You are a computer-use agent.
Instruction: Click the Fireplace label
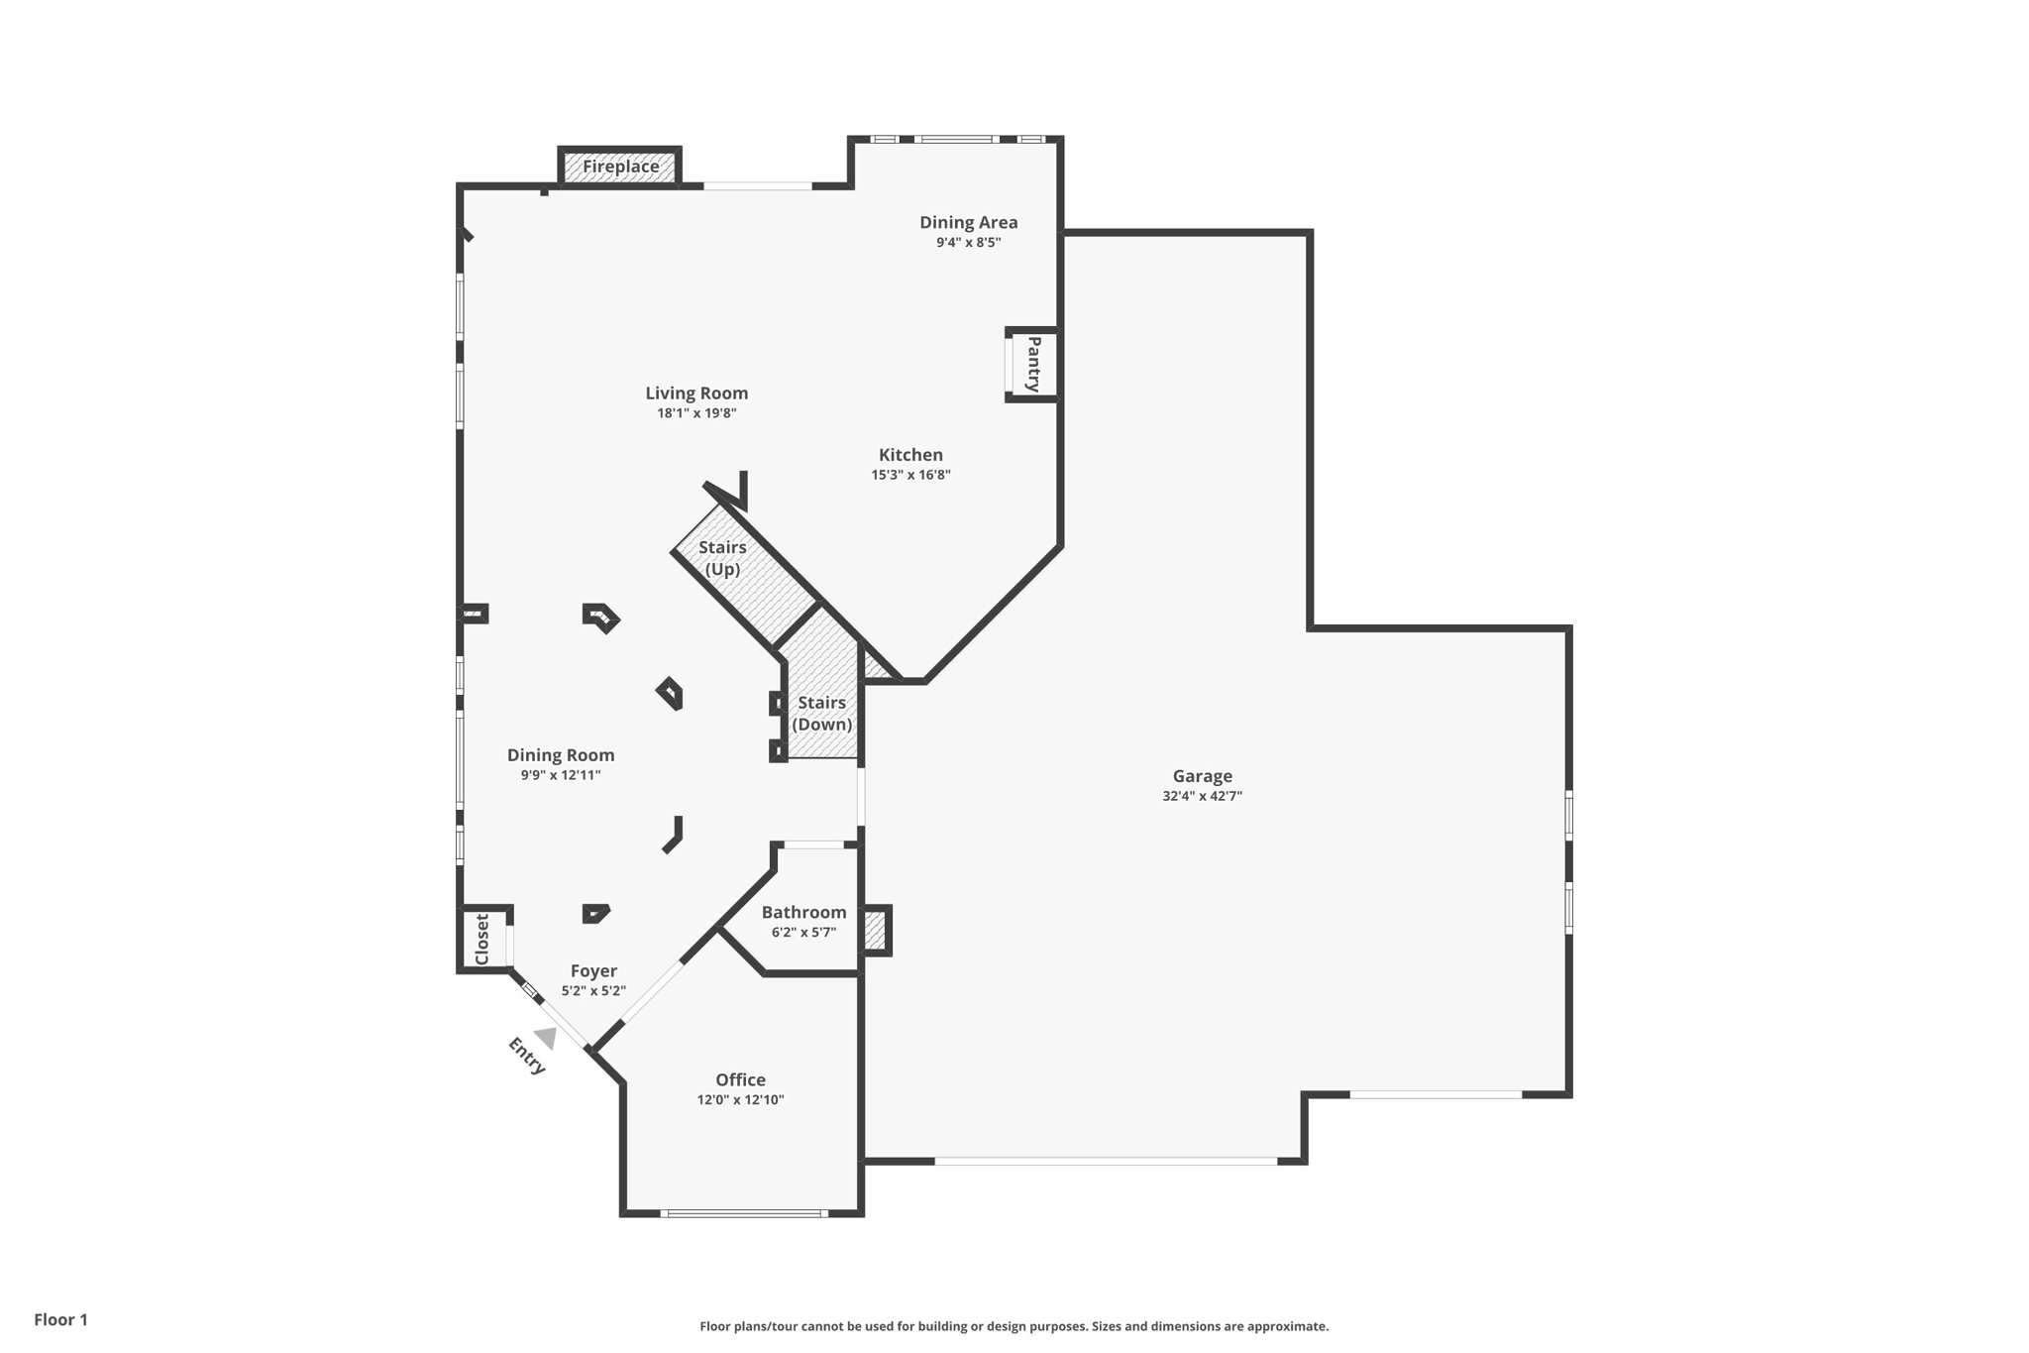620,167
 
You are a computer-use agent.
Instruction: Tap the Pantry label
1033,364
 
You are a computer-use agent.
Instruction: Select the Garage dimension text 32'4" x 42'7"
1202,796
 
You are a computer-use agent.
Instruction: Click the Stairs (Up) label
722,558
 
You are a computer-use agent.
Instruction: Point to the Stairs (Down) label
821,713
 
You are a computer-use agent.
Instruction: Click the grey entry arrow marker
546,1038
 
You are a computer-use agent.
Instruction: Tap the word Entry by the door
526,1056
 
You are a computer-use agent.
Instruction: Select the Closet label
482,939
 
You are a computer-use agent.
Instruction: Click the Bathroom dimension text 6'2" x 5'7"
803,932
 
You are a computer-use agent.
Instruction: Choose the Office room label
740,1079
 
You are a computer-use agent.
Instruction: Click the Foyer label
593,970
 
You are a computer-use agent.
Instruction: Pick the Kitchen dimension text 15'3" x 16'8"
910,475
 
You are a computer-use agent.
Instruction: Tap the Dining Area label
968,222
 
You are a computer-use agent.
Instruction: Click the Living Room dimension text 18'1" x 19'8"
696,413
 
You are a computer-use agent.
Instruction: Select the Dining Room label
561,754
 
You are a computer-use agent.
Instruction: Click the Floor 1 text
60,1319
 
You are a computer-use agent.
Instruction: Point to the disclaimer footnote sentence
1014,1326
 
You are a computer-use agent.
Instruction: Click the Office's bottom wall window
743,1213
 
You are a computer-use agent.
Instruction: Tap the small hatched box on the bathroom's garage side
875,931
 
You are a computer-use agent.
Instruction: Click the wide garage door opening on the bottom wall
1105,1161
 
